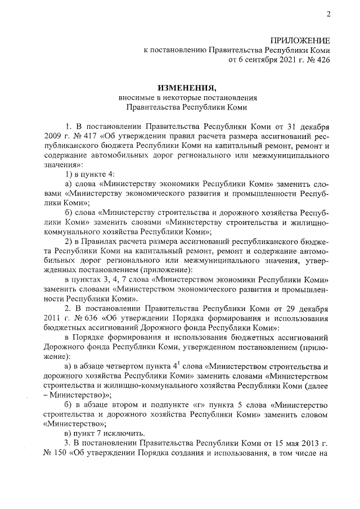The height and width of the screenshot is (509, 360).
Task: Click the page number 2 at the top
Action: coord(327,15)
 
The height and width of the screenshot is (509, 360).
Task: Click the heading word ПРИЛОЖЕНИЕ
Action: coord(300,40)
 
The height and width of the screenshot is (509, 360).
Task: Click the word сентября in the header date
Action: coord(258,58)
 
